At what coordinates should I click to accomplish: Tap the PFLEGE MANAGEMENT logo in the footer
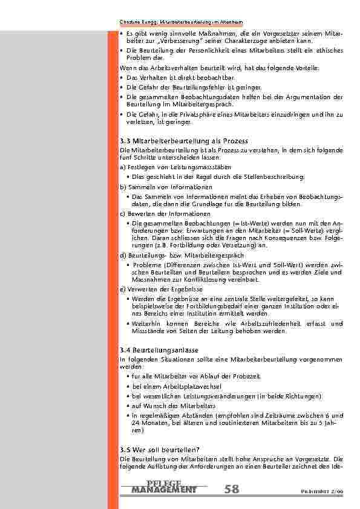[x=163, y=487]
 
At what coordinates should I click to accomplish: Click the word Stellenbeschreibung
[x=278, y=177]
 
